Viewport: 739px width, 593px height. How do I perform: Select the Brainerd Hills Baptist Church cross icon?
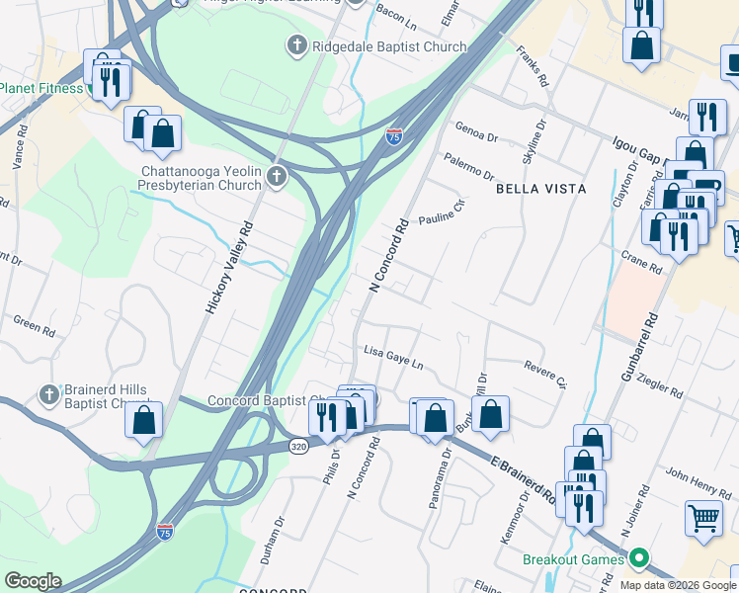pyautogui.click(x=49, y=395)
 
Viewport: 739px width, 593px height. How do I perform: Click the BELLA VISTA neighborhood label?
pyautogui.click(x=540, y=188)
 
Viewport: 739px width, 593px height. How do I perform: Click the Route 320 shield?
pyautogui.click(x=298, y=447)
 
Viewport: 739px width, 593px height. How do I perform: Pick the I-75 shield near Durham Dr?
pyautogui.click(x=165, y=533)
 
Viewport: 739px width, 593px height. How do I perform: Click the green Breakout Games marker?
pyautogui.click(x=639, y=559)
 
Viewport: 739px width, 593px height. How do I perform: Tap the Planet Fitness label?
pyautogui.click(x=41, y=88)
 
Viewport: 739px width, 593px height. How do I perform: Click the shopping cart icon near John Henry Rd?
pyautogui.click(x=703, y=517)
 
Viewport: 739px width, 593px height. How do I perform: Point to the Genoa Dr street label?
pyautogui.click(x=475, y=131)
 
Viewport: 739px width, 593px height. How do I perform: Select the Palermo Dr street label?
pyautogui.click(x=468, y=165)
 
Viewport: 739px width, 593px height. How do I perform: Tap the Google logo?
pyautogui.click(x=33, y=581)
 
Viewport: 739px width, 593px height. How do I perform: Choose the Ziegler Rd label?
pyautogui.click(x=661, y=383)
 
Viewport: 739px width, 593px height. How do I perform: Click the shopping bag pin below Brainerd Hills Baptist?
pyautogui.click(x=144, y=419)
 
